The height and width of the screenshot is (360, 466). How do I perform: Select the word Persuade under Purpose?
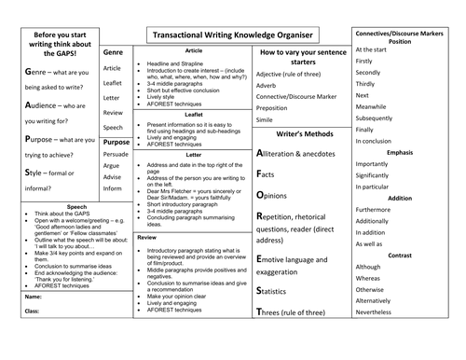[116, 156]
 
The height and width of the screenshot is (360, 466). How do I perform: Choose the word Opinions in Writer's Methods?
[285, 197]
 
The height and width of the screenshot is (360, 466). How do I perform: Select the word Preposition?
[278, 108]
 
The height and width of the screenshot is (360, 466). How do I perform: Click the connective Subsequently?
[382, 119]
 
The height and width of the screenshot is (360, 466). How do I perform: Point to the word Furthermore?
[380, 211]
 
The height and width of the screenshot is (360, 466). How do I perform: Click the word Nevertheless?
[381, 312]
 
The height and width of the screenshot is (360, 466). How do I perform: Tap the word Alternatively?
[380, 300]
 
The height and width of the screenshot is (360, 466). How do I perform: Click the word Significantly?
[379, 175]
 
